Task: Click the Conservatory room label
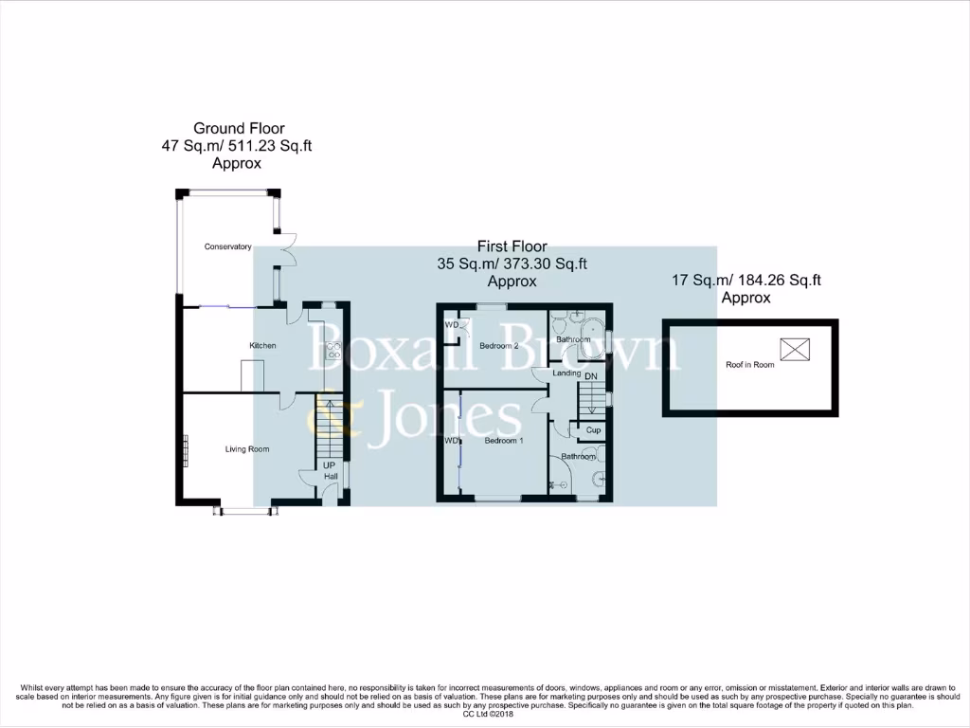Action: point(228,246)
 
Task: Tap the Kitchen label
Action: point(262,345)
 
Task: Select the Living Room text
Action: point(247,449)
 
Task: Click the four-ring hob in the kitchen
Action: point(333,353)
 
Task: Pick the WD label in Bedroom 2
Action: point(451,324)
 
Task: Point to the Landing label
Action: point(566,373)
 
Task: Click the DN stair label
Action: point(591,376)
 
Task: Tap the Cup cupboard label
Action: point(593,430)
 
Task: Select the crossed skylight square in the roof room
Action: point(796,349)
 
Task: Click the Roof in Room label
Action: point(750,364)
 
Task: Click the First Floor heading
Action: point(512,246)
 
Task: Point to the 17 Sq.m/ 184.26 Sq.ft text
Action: point(746,280)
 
